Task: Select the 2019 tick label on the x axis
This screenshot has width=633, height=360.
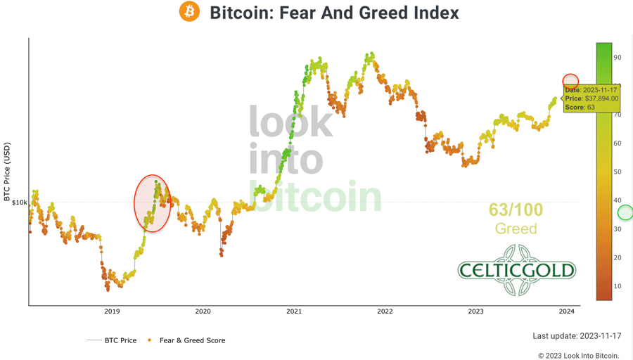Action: coord(112,311)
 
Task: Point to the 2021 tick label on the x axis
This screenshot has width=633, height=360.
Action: coord(294,311)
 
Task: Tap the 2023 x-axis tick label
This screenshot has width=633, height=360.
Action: coord(476,311)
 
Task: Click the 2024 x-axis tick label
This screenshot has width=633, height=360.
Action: coord(567,311)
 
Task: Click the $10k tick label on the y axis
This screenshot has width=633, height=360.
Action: coord(20,202)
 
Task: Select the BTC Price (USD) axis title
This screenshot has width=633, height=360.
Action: coord(7,173)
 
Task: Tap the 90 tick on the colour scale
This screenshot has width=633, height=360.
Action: coord(617,58)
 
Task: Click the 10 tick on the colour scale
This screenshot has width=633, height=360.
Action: coord(617,286)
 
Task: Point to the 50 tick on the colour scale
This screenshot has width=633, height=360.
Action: coord(617,172)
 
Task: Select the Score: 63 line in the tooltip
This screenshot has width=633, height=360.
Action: coord(580,108)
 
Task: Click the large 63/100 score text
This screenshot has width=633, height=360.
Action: coord(516,210)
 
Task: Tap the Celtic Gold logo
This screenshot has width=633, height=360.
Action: coord(517,270)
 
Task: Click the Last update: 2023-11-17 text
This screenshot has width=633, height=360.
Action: coord(575,336)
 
